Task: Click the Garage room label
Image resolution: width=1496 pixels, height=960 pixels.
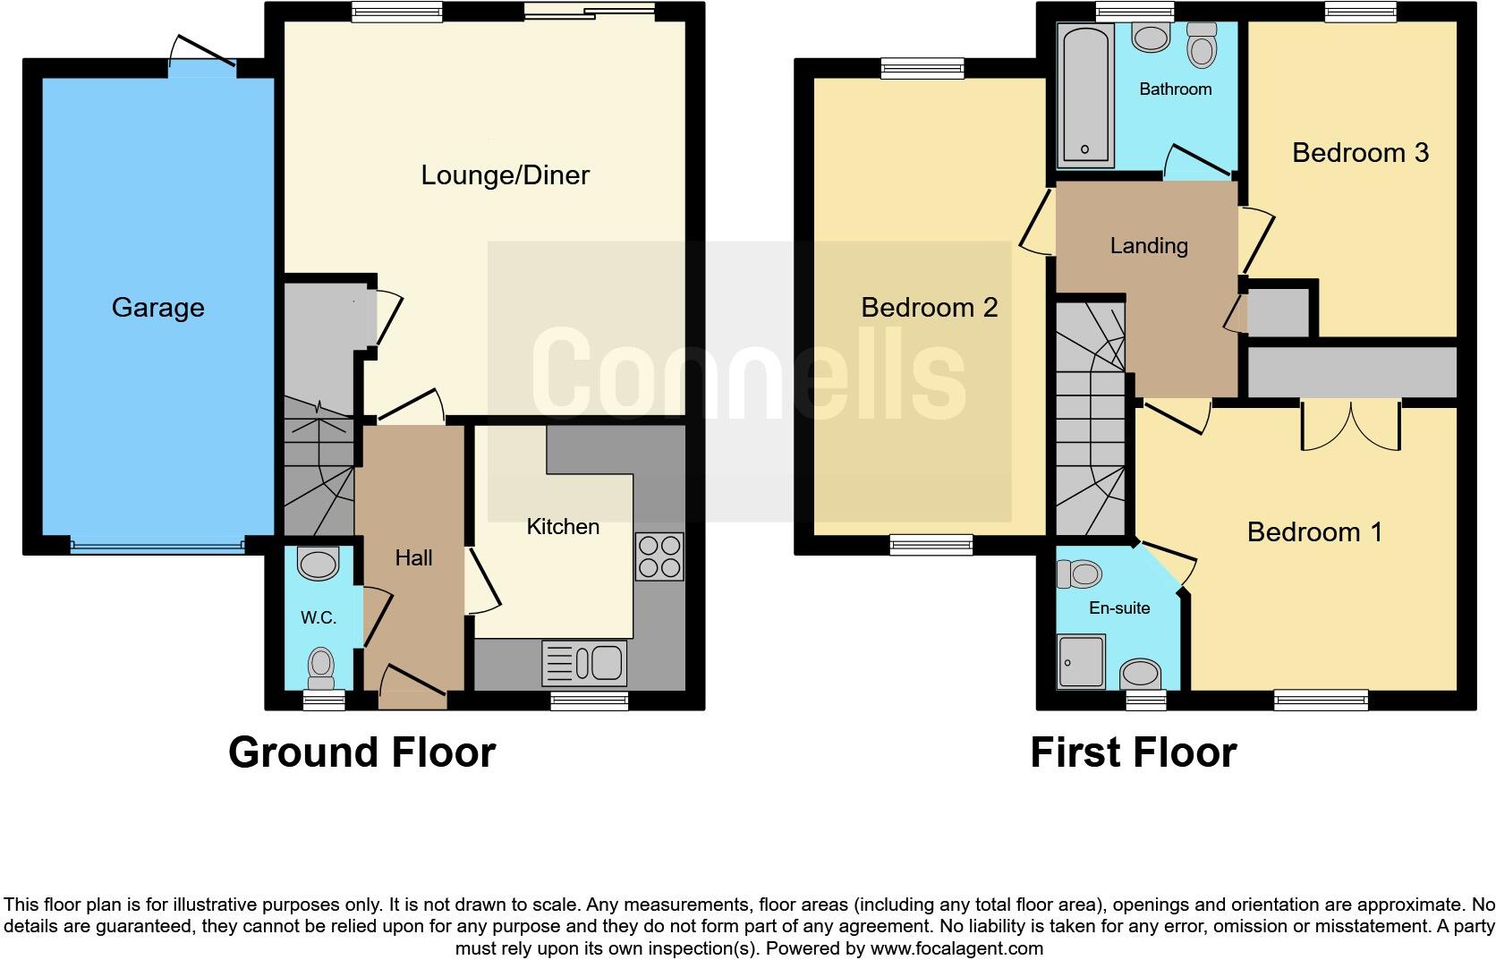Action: (x=157, y=308)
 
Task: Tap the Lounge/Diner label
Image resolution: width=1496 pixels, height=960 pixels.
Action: (x=505, y=174)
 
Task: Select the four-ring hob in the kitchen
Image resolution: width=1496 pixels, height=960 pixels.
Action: (x=659, y=556)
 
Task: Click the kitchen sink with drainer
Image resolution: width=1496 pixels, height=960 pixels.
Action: (x=584, y=664)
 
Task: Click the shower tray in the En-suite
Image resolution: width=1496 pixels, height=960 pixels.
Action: (x=1081, y=661)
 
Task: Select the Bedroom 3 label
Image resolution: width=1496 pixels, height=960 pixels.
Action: (x=1360, y=153)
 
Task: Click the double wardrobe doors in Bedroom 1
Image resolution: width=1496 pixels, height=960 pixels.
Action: (x=1350, y=426)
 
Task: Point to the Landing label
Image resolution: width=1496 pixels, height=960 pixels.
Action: (x=1149, y=245)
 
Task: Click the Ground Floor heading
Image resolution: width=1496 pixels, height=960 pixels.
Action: (x=361, y=752)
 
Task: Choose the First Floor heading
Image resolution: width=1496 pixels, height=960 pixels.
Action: (x=1133, y=752)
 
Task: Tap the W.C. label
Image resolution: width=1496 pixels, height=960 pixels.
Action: (x=318, y=617)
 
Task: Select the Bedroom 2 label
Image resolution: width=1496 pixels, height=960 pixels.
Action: (x=929, y=308)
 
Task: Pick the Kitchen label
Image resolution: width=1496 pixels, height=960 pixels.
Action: (x=563, y=527)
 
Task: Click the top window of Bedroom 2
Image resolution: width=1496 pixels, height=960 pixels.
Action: (x=922, y=68)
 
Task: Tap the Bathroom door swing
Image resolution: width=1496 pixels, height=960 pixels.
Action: (x=1196, y=161)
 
